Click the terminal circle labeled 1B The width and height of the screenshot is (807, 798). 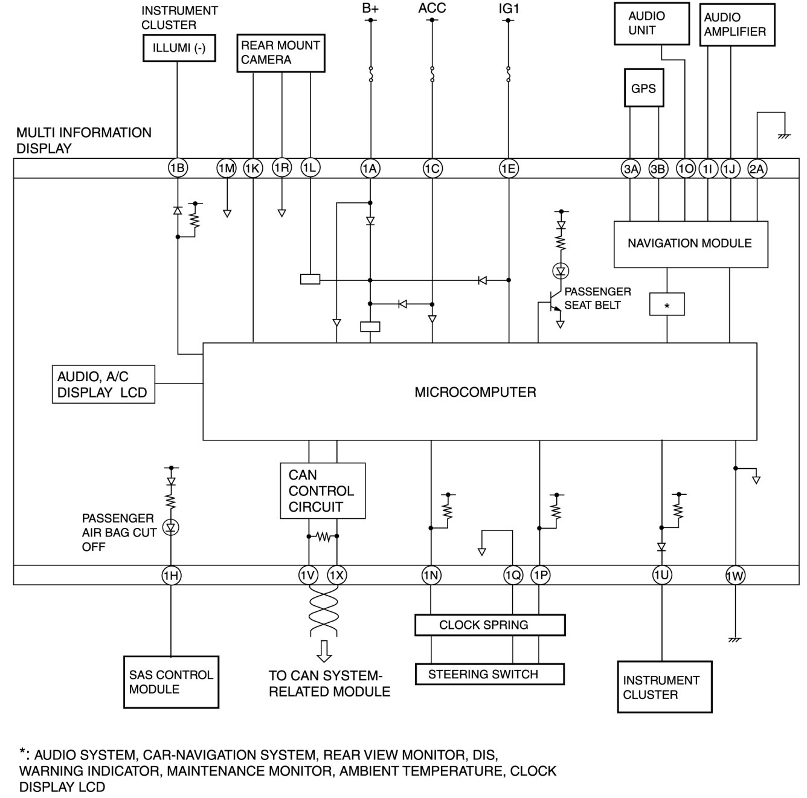[177, 169]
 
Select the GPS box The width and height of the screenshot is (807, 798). [643, 88]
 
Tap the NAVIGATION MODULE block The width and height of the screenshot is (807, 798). [690, 244]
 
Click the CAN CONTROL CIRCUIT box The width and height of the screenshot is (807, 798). [323, 491]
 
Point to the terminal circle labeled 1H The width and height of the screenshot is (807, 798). [171, 576]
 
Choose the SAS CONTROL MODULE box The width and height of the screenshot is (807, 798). [171, 682]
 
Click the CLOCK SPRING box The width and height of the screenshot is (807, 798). [489, 625]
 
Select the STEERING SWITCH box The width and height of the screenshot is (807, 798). [489, 674]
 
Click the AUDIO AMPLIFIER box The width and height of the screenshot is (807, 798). [736, 25]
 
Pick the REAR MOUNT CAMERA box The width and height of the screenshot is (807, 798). [280, 53]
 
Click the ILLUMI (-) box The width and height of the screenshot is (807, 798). [179, 48]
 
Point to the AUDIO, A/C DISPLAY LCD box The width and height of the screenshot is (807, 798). [103, 385]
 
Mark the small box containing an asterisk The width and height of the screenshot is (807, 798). [667, 304]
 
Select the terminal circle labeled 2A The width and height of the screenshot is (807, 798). [757, 169]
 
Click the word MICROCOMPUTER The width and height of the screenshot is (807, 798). [475, 393]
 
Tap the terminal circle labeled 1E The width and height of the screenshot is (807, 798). [509, 169]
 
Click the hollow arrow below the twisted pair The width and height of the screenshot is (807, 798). [324, 651]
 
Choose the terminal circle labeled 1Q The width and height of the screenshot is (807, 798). [512, 576]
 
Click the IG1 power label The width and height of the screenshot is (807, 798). [509, 9]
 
